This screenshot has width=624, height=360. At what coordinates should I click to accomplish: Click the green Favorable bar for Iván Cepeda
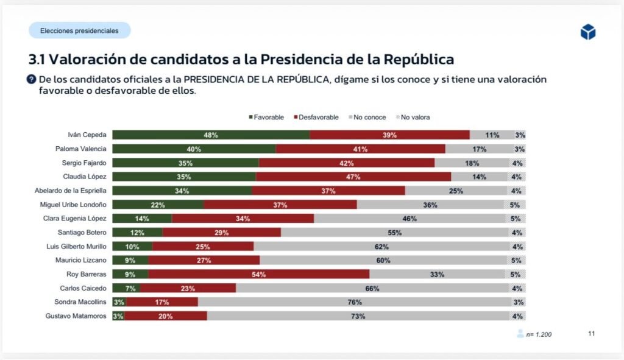pos(211,135)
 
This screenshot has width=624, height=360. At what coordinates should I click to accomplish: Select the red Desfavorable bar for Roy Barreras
pos(258,274)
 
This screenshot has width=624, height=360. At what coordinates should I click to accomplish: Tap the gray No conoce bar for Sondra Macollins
pos(355,302)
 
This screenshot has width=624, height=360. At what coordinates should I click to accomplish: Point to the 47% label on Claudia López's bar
pos(353,177)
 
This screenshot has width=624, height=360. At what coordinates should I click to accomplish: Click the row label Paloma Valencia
pos(80,149)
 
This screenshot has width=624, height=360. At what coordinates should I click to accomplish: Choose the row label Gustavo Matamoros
pos(76,316)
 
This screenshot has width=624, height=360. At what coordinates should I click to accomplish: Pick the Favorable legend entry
pos(266,117)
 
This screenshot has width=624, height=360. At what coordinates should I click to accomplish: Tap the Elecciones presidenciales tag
pos(79,30)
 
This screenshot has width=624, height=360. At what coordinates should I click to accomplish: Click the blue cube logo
pos(587,32)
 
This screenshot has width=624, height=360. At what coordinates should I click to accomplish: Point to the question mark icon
pos(32,79)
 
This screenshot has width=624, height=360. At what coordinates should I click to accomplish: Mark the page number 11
pos(591,333)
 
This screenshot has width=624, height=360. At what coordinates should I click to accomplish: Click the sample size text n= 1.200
pos(539,334)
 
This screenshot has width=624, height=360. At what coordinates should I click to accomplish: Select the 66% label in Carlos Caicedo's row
pos(372,288)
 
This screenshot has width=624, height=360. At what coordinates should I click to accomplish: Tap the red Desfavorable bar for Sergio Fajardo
pos(347,163)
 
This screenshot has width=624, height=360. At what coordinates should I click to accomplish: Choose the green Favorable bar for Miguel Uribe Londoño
pos(158,205)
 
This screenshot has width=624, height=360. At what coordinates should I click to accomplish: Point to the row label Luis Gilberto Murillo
pos(76,247)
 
